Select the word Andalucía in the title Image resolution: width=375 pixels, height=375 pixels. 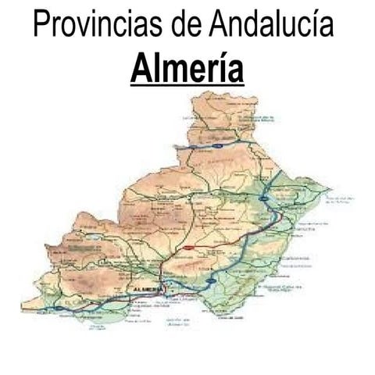point(271,24)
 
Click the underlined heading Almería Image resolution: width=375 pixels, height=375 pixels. point(187,68)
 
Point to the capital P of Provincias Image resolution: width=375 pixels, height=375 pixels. point(41,24)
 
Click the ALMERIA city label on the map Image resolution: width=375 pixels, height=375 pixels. point(148,290)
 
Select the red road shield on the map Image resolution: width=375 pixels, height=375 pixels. point(188,247)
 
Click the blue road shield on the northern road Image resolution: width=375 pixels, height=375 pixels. point(217,145)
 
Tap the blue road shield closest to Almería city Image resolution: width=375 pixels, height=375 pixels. point(212,280)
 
